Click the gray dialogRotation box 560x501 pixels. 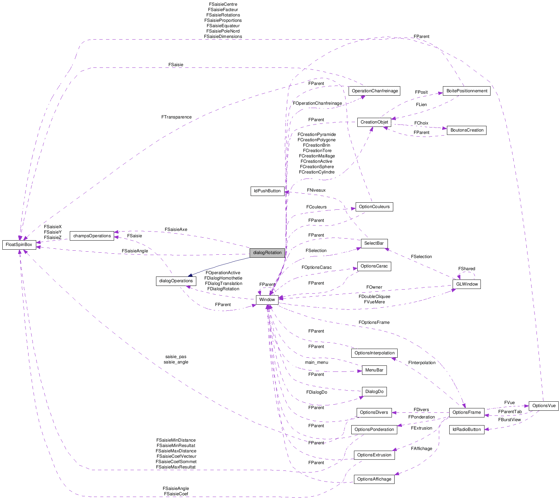267,253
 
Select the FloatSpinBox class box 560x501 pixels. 19,245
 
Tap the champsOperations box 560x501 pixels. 92,236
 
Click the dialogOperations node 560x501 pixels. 176,281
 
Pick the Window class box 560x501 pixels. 267,300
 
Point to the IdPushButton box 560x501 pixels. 267,191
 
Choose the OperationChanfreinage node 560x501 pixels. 374,91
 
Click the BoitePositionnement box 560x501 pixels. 466,91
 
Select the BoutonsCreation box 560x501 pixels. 466,130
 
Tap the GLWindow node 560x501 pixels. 466,284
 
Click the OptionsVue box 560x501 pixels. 544,406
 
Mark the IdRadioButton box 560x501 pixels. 466,430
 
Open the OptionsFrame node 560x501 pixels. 466,412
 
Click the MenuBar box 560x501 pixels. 374,370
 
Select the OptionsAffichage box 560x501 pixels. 374,479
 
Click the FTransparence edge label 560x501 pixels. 176,117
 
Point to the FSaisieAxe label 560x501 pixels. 176,230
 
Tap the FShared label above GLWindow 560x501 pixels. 466,269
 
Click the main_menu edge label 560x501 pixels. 316,362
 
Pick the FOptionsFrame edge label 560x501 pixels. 374,322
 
